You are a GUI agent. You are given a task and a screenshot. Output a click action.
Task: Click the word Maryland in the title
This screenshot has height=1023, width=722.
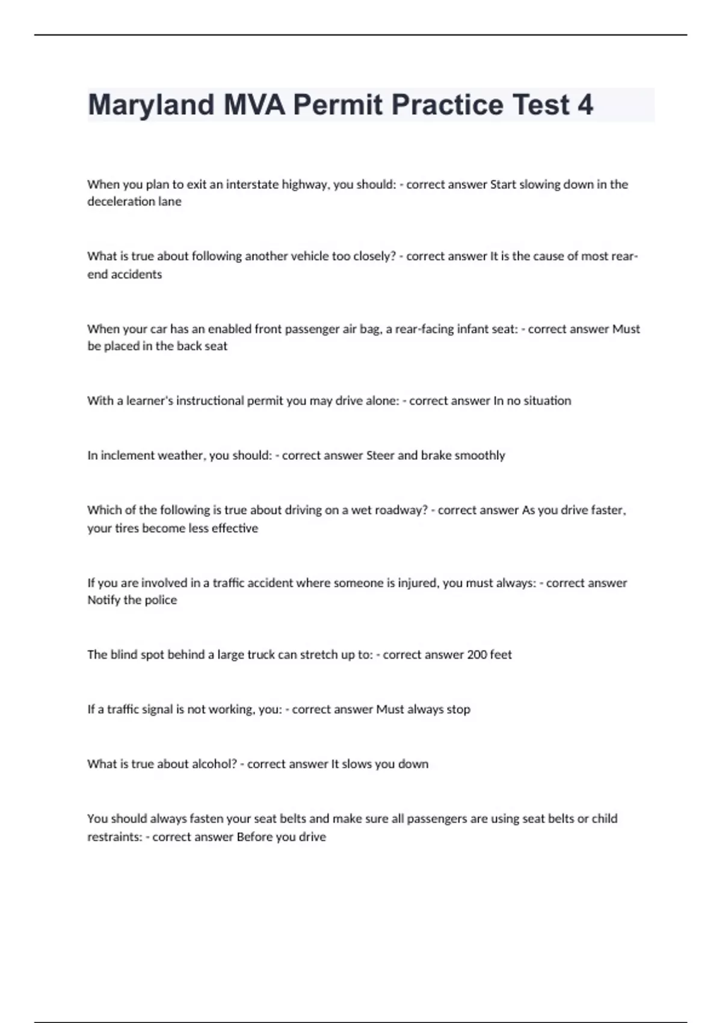click(x=151, y=105)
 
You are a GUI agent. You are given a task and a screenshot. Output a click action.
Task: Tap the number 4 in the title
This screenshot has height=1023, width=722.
click(x=585, y=105)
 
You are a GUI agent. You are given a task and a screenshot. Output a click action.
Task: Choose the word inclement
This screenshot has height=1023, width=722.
click(x=128, y=456)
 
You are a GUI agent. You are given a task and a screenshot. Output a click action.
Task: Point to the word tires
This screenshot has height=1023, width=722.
click(x=127, y=528)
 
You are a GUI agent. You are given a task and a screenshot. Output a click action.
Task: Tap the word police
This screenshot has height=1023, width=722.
click(x=161, y=600)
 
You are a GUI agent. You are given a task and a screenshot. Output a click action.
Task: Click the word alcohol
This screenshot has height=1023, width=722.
click(x=214, y=764)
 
